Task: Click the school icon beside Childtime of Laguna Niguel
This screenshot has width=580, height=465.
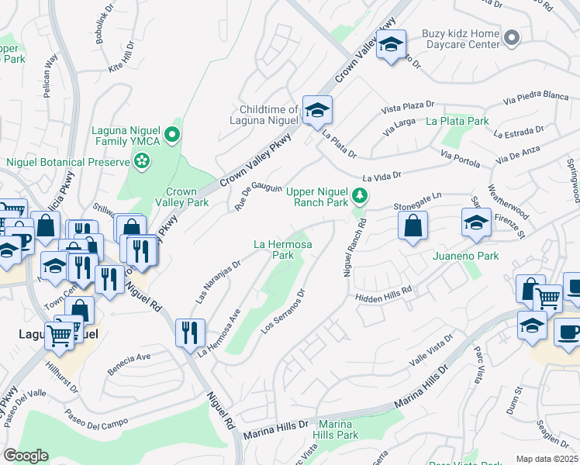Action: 317,112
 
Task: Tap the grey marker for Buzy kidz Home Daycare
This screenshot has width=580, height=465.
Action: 511,37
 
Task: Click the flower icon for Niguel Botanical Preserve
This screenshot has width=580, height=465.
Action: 142,161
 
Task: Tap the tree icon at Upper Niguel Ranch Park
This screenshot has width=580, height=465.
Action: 358,195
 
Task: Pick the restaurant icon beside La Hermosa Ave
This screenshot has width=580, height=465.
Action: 190,333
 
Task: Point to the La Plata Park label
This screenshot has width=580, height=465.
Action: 457,122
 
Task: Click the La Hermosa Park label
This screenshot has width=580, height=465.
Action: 284,249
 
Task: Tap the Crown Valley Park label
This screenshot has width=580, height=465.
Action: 188,197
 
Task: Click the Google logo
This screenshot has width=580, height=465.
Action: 26,456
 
